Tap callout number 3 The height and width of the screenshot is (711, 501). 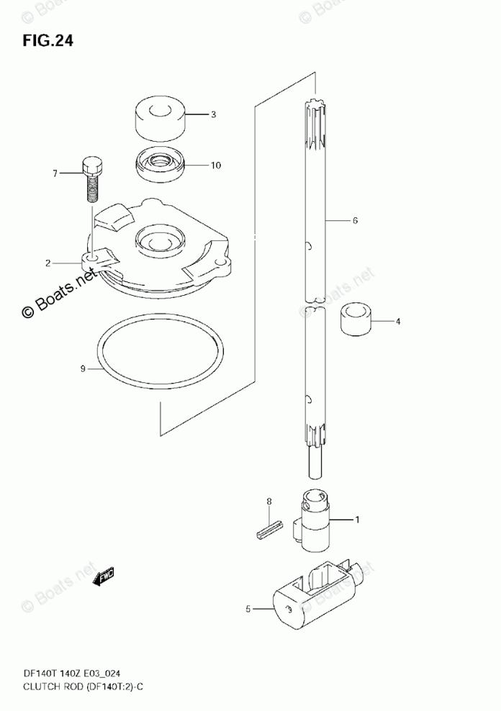[213, 114]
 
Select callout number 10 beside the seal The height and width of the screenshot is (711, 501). [215, 166]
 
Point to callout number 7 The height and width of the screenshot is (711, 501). [54, 173]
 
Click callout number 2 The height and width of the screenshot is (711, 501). [48, 263]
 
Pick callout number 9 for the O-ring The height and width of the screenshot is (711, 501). [83, 369]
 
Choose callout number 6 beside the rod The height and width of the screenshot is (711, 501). [355, 221]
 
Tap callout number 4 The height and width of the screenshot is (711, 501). [397, 321]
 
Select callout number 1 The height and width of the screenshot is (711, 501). [355, 519]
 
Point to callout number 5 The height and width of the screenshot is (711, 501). [248, 610]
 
